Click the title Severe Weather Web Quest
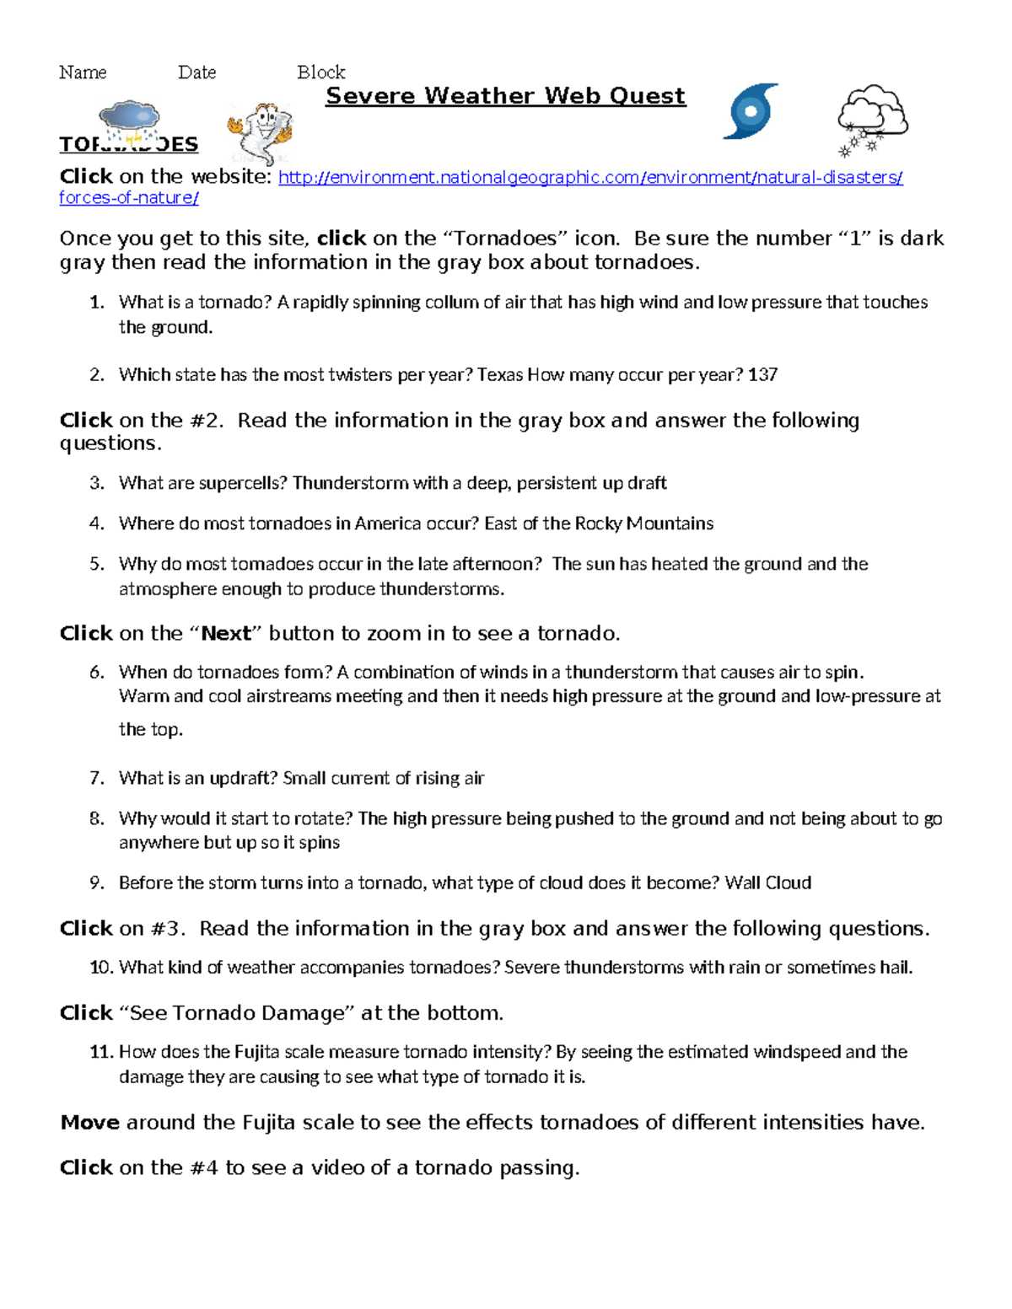[x=505, y=96]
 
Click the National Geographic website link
[x=589, y=178]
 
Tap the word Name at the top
[x=83, y=72]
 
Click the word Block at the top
[x=320, y=72]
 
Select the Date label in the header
[x=196, y=72]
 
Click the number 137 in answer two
[x=762, y=374]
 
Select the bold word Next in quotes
[x=226, y=634]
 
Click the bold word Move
[x=89, y=1123]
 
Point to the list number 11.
[x=100, y=1052]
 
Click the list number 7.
[x=97, y=778]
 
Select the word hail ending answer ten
[x=896, y=968]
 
